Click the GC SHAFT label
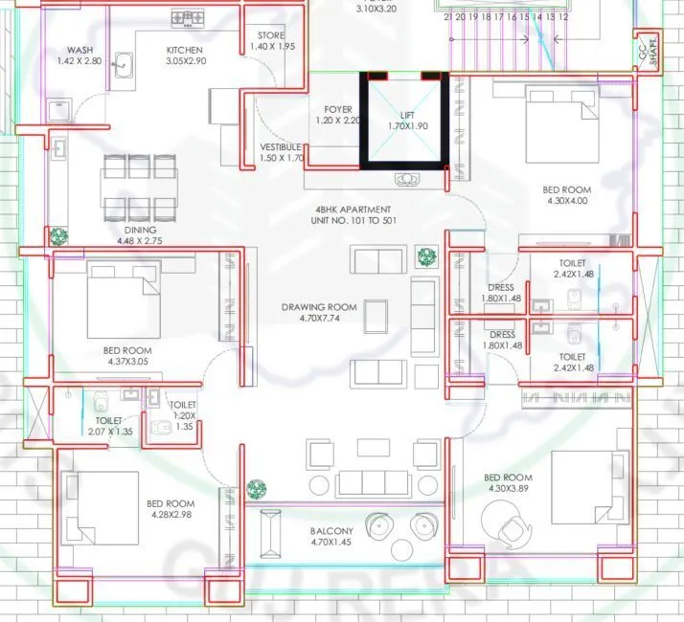pos(649,54)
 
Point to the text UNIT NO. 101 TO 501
pos(353,221)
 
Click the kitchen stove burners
pos(188,16)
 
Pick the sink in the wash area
pos(125,67)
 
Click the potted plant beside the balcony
pos(256,489)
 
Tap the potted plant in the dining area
pos(59,235)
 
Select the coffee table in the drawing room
pos(376,315)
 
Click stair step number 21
pos(448,17)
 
